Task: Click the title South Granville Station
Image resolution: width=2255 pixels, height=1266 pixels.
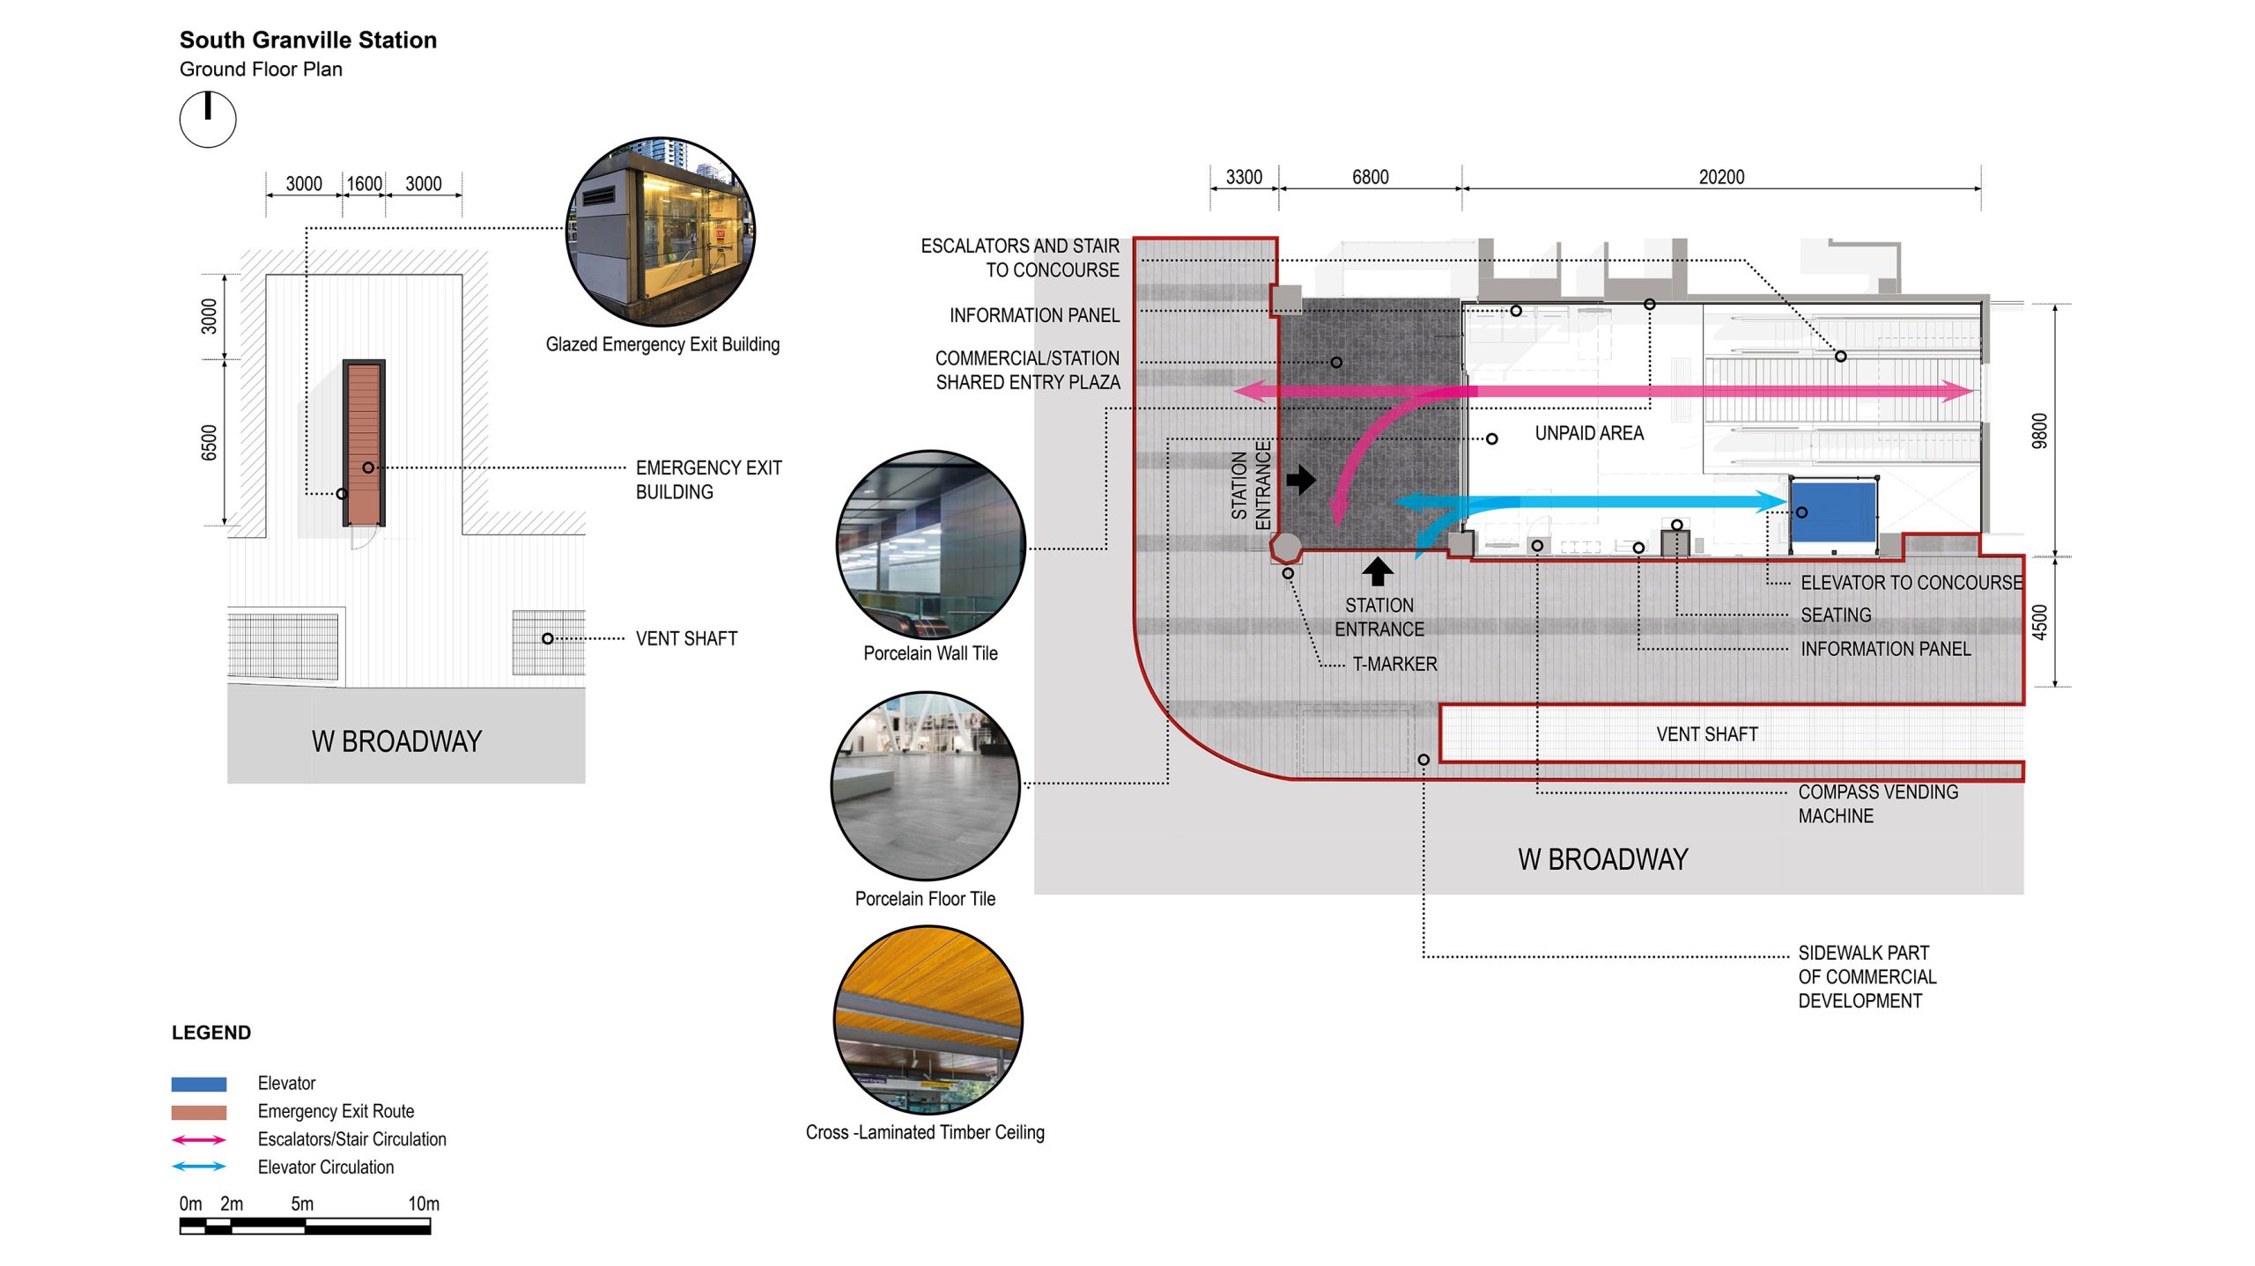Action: coord(307,40)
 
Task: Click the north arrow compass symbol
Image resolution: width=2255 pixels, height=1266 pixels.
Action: coord(208,119)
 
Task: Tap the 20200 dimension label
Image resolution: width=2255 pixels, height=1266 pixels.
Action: coord(1720,177)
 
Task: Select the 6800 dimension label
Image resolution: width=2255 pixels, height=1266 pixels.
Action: coord(1370,177)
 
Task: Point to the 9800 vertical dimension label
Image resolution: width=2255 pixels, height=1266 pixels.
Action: coord(2039,431)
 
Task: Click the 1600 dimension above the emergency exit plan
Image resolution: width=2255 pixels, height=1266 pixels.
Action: coord(364,183)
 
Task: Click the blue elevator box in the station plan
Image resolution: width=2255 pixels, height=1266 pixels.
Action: coord(1833,511)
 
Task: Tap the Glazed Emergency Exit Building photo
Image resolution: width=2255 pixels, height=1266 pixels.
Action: coord(661,231)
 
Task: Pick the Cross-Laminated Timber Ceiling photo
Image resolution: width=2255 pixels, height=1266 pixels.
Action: coord(928,1019)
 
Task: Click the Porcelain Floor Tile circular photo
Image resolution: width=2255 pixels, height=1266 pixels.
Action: coord(926,785)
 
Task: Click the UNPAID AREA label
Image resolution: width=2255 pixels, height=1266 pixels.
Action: coord(1588,433)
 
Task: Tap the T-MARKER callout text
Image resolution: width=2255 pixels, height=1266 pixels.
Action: coord(1394,664)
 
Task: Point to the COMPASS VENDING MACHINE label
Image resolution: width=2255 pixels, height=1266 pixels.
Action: coord(1877,804)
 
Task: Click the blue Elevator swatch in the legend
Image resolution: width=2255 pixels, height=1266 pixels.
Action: coord(199,1084)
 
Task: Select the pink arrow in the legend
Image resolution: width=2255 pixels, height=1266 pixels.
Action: coord(199,1139)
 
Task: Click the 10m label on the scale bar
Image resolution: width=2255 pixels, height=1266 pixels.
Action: coord(423,1203)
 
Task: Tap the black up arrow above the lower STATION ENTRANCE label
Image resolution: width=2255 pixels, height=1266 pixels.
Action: coord(1378,571)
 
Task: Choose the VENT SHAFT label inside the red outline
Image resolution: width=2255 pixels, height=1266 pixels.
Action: coord(1706,734)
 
